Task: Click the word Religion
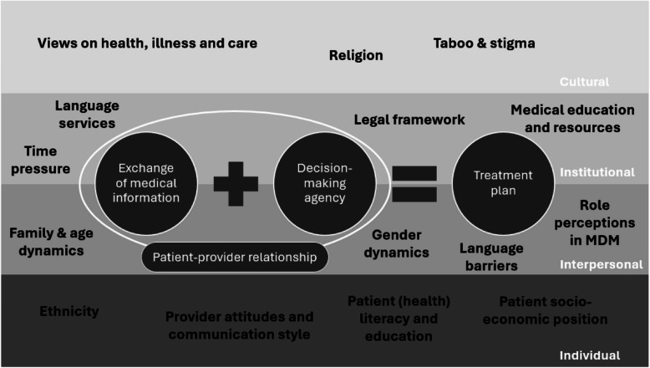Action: pos(356,56)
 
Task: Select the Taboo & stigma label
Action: pos(485,42)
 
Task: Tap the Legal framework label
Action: pos(409,120)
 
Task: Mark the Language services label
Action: pos(87,115)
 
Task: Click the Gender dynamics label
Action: pos(401,243)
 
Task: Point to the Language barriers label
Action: pos(491,257)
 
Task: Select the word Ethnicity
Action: pos(69,311)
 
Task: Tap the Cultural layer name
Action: pos(584,82)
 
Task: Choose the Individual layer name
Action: pos(590,355)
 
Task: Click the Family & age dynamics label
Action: pos(47,242)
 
